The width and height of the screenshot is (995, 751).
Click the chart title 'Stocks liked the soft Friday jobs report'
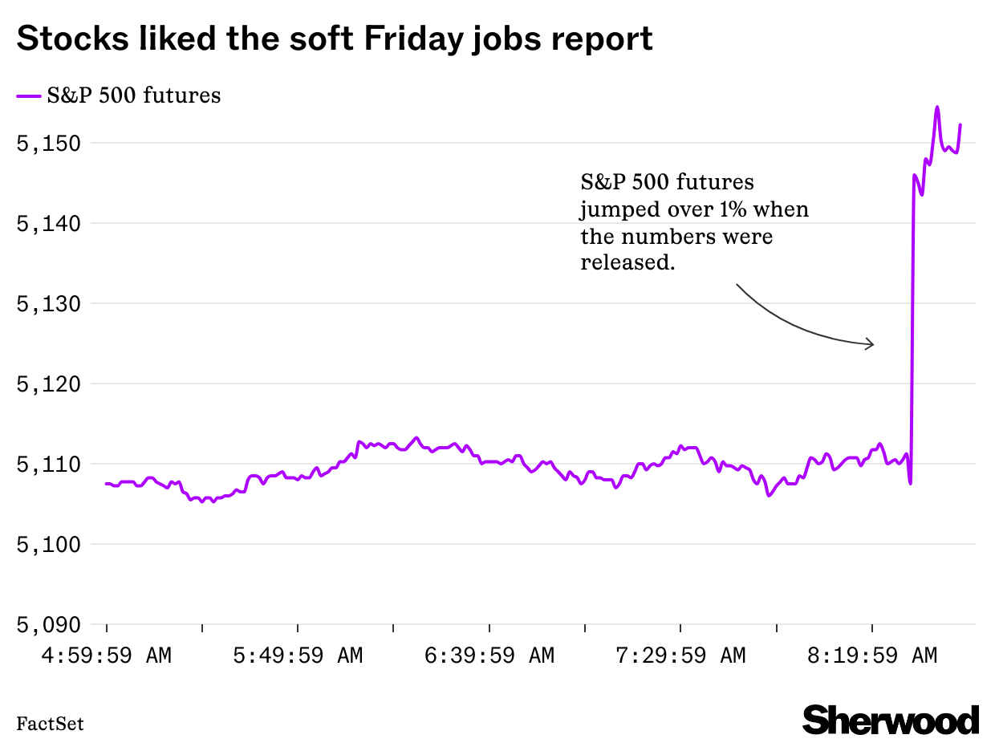[x=335, y=39]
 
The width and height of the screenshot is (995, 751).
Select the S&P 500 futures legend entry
[x=118, y=95]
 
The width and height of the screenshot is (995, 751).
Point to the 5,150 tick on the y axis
[x=50, y=144]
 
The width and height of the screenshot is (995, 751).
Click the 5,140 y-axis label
[x=50, y=224]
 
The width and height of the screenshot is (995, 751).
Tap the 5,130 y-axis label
[x=50, y=304]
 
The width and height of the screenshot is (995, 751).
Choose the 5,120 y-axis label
[x=50, y=384]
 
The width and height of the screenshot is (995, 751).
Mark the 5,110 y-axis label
[x=50, y=465]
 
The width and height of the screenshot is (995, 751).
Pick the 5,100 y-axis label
[x=50, y=545]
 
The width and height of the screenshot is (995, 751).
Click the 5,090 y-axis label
[x=50, y=625]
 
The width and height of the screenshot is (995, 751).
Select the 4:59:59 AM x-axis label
[x=107, y=656]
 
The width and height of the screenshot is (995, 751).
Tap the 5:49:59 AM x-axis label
[x=298, y=656]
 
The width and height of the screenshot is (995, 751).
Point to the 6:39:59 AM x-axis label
[x=489, y=656]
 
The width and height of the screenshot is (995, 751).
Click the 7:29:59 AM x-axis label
[x=680, y=656]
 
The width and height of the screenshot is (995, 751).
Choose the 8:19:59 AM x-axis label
[x=872, y=656]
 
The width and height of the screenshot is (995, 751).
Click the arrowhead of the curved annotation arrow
[x=871, y=345]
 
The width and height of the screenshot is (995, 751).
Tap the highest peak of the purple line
[x=937, y=108]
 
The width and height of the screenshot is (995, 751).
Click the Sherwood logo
[x=891, y=720]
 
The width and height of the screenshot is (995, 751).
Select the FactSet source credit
[x=50, y=725]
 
